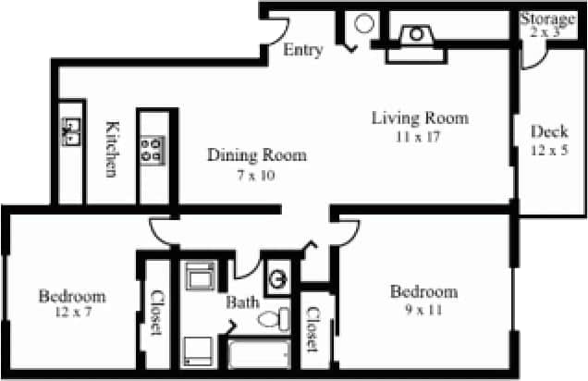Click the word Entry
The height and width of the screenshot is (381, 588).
303,50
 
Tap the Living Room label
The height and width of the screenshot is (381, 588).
420,118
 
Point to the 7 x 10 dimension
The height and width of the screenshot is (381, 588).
255,174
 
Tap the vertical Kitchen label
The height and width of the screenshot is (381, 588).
112,149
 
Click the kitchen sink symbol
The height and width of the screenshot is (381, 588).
70,132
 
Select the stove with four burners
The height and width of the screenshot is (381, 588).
153,150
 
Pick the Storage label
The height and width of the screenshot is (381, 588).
548,18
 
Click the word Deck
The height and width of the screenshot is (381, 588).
549,131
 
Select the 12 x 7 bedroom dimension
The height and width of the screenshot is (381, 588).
71,314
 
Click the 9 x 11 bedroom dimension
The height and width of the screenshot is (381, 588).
423,310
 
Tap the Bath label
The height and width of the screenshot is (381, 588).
241,302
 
